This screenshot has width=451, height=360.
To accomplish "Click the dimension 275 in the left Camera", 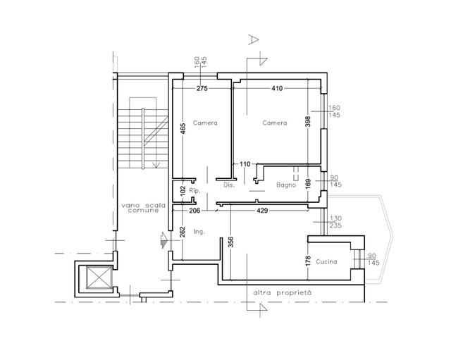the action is (x=202, y=88).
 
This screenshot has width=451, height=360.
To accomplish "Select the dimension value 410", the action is (x=277, y=88).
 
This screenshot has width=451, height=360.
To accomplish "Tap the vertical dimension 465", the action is (x=183, y=128).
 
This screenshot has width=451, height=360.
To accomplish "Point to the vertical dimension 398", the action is (x=308, y=121).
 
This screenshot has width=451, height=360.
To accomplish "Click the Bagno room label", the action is (x=286, y=185).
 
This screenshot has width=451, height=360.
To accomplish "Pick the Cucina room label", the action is (x=326, y=261).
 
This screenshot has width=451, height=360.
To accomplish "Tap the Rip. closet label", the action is (x=194, y=191).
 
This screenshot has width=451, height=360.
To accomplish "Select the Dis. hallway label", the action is (x=229, y=185).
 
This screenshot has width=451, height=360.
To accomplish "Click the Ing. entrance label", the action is (x=199, y=232).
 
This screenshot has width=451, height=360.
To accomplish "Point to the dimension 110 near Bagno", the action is (x=245, y=164).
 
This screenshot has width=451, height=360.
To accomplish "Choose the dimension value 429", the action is (x=262, y=211).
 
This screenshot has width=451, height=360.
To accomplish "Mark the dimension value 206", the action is (x=194, y=211).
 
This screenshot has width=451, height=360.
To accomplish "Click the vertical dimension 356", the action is (x=230, y=242).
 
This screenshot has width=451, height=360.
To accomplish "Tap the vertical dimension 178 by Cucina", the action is (x=308, y=261).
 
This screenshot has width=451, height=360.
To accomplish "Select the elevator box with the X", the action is (x=99, y=277).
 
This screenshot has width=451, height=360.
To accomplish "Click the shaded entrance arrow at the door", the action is (x=164, y=240).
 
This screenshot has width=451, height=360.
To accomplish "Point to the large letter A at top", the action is (x=253, y=39).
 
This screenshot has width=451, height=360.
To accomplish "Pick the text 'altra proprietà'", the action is (x=282, y=293).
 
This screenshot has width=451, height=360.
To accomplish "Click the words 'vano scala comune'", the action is (x=144, y=208).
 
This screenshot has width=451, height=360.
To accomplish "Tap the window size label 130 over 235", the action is (x=335, y=222).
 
